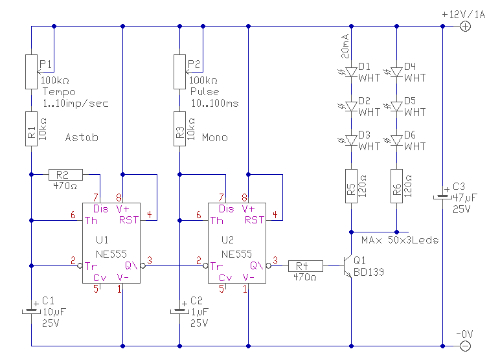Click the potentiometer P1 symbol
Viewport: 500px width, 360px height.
(31, 72)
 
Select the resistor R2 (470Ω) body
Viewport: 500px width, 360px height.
(65, 175)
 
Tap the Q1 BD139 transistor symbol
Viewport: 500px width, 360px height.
(348, 265)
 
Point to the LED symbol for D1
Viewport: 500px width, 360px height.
(351, 72)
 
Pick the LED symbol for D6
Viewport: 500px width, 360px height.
(396, 141)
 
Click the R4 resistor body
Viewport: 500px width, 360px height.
(306, 266)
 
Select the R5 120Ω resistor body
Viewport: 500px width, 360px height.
(351, 186)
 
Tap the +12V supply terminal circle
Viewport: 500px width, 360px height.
(465, 26)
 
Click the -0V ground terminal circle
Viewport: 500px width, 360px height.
(465, 346)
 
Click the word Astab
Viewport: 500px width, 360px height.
(82, 137)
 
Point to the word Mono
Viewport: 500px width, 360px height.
(215, 137)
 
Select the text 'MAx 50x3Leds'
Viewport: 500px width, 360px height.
(400, 240)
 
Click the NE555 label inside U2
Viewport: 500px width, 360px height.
(236, 254)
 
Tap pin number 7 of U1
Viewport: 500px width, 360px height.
(95, 197)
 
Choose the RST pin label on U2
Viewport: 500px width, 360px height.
(254, 220)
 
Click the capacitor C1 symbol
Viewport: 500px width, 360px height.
(31, 309)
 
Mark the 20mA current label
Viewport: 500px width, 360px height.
(345, 46)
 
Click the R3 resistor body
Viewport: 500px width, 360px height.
(179, 129)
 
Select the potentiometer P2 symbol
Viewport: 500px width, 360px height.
(179, 72)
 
